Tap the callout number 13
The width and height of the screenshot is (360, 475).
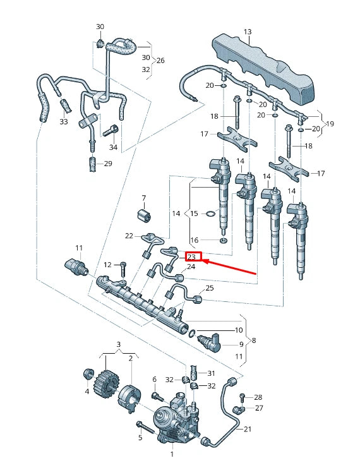tap(247, 32)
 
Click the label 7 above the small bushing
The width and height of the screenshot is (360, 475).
tap(143, 198)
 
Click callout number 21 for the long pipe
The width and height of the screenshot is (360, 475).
tap(247, 430)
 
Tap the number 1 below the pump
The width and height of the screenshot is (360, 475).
tap(172, 454)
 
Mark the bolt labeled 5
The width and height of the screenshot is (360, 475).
tap(145, 430)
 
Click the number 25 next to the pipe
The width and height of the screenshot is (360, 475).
tap(210, 288)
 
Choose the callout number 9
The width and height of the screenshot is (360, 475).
tap(240, 344)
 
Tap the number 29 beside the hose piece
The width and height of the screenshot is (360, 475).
tap(108, 164)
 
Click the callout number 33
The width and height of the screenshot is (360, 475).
tap(64, 121)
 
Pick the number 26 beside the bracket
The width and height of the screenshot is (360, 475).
tap(160, 61)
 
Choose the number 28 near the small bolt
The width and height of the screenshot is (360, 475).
tap(258, 397)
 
